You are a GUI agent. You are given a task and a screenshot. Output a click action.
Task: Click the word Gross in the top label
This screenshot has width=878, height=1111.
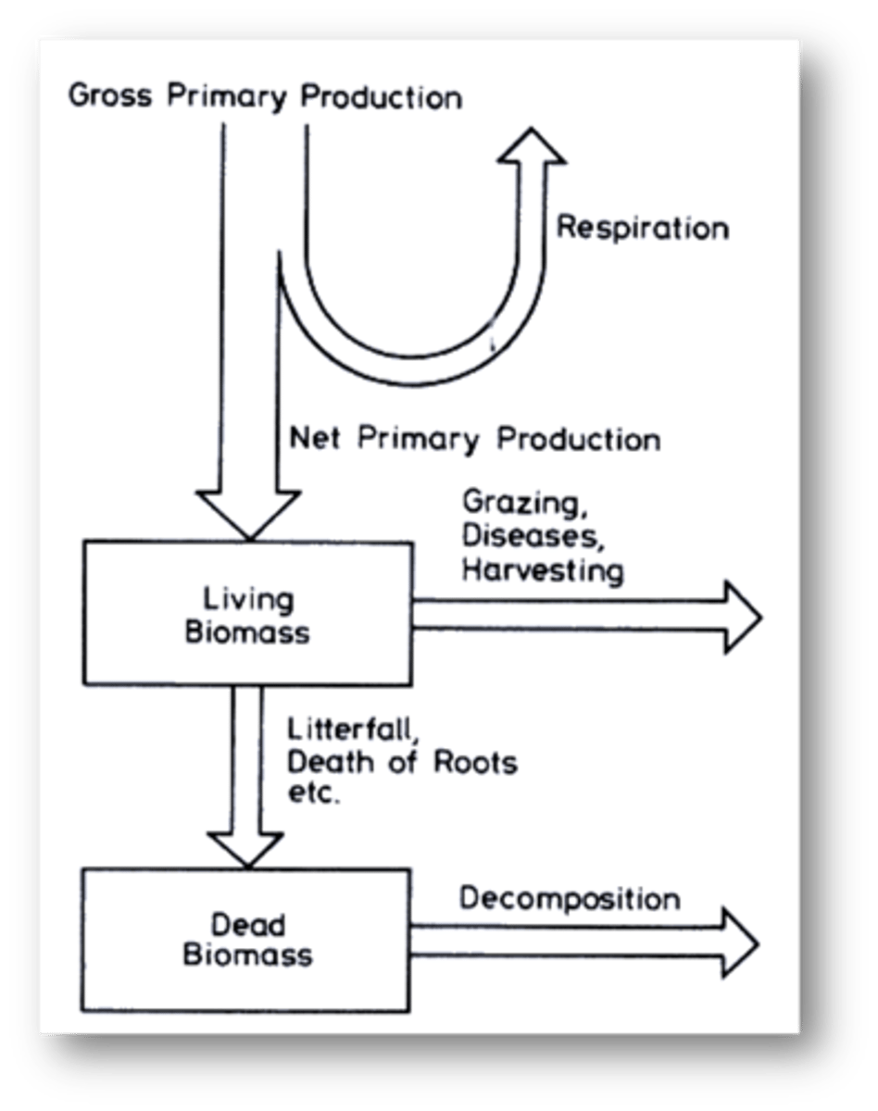tap(110, 96)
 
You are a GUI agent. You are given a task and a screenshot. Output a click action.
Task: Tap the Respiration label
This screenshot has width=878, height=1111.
tap(642, 228)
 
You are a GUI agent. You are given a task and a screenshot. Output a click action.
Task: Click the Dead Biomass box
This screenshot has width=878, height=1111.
tap(246, 939)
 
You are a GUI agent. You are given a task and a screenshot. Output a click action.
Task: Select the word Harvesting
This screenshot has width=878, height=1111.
tap(543, 569)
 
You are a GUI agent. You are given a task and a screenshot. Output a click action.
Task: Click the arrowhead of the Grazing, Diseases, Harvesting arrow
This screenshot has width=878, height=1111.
tap(740, 617)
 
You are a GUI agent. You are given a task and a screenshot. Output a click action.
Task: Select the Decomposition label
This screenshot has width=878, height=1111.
tap(570, 898)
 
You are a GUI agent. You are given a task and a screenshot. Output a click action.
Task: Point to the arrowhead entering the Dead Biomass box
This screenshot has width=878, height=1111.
tap(246, 846)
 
